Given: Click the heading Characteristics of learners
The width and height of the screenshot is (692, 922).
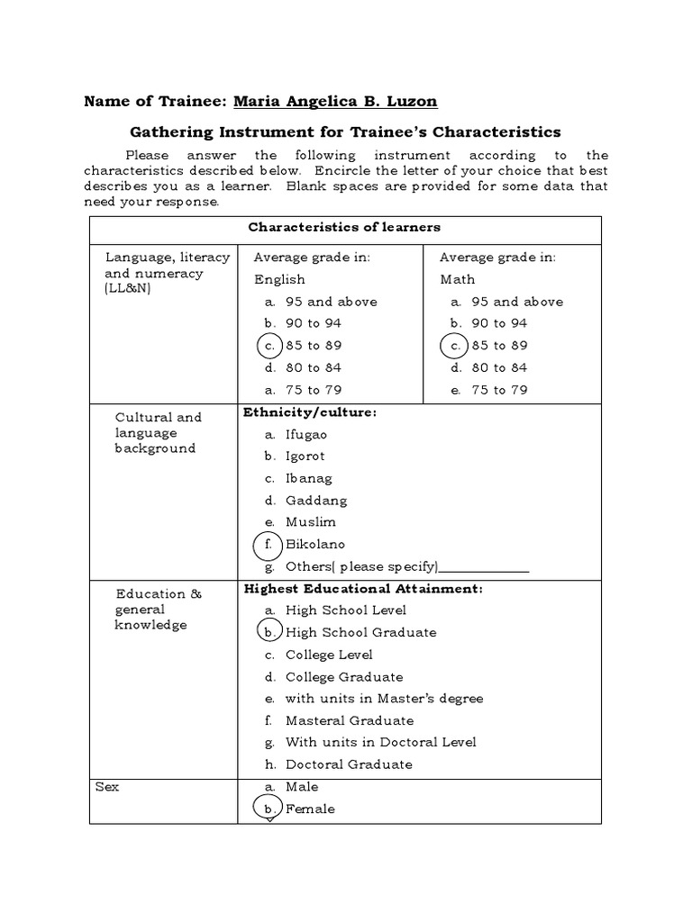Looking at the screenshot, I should (344, 228).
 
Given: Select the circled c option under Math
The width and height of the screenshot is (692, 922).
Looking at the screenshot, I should (455, 346).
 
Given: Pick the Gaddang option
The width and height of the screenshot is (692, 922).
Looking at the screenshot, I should (315, 501).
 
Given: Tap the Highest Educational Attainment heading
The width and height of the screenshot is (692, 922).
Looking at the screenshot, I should (363, 589).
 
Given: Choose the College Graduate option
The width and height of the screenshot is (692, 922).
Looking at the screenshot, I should (343, 677).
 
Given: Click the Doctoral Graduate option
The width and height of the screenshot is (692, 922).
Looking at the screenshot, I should (348, 764).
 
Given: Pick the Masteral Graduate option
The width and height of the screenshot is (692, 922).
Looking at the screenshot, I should (349, 720).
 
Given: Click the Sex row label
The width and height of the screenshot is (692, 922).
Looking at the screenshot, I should (107, 787).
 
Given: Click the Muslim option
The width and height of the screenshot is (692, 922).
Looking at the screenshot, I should (310, 522).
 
